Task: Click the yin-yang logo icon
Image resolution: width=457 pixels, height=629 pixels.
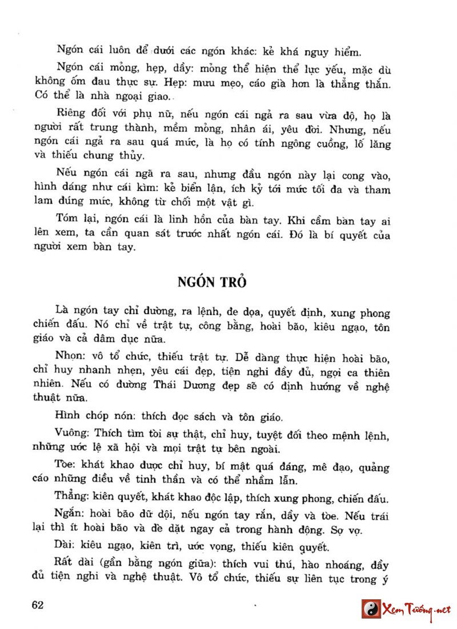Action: point(371,609)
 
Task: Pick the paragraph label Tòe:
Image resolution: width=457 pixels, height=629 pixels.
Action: point(66,466)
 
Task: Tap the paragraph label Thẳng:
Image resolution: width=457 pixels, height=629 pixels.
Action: point(73,495)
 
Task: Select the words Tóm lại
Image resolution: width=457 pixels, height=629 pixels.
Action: point(77,219)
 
